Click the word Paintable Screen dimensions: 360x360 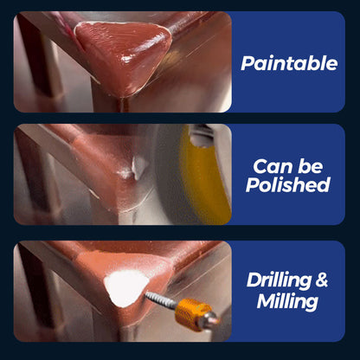[288, 62]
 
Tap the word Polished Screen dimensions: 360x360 [288, 184]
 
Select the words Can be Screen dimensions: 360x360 [288, 165]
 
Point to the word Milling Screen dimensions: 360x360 [287, 301]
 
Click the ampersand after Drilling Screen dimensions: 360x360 [322, 280]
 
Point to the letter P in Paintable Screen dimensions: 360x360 [247, 62]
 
